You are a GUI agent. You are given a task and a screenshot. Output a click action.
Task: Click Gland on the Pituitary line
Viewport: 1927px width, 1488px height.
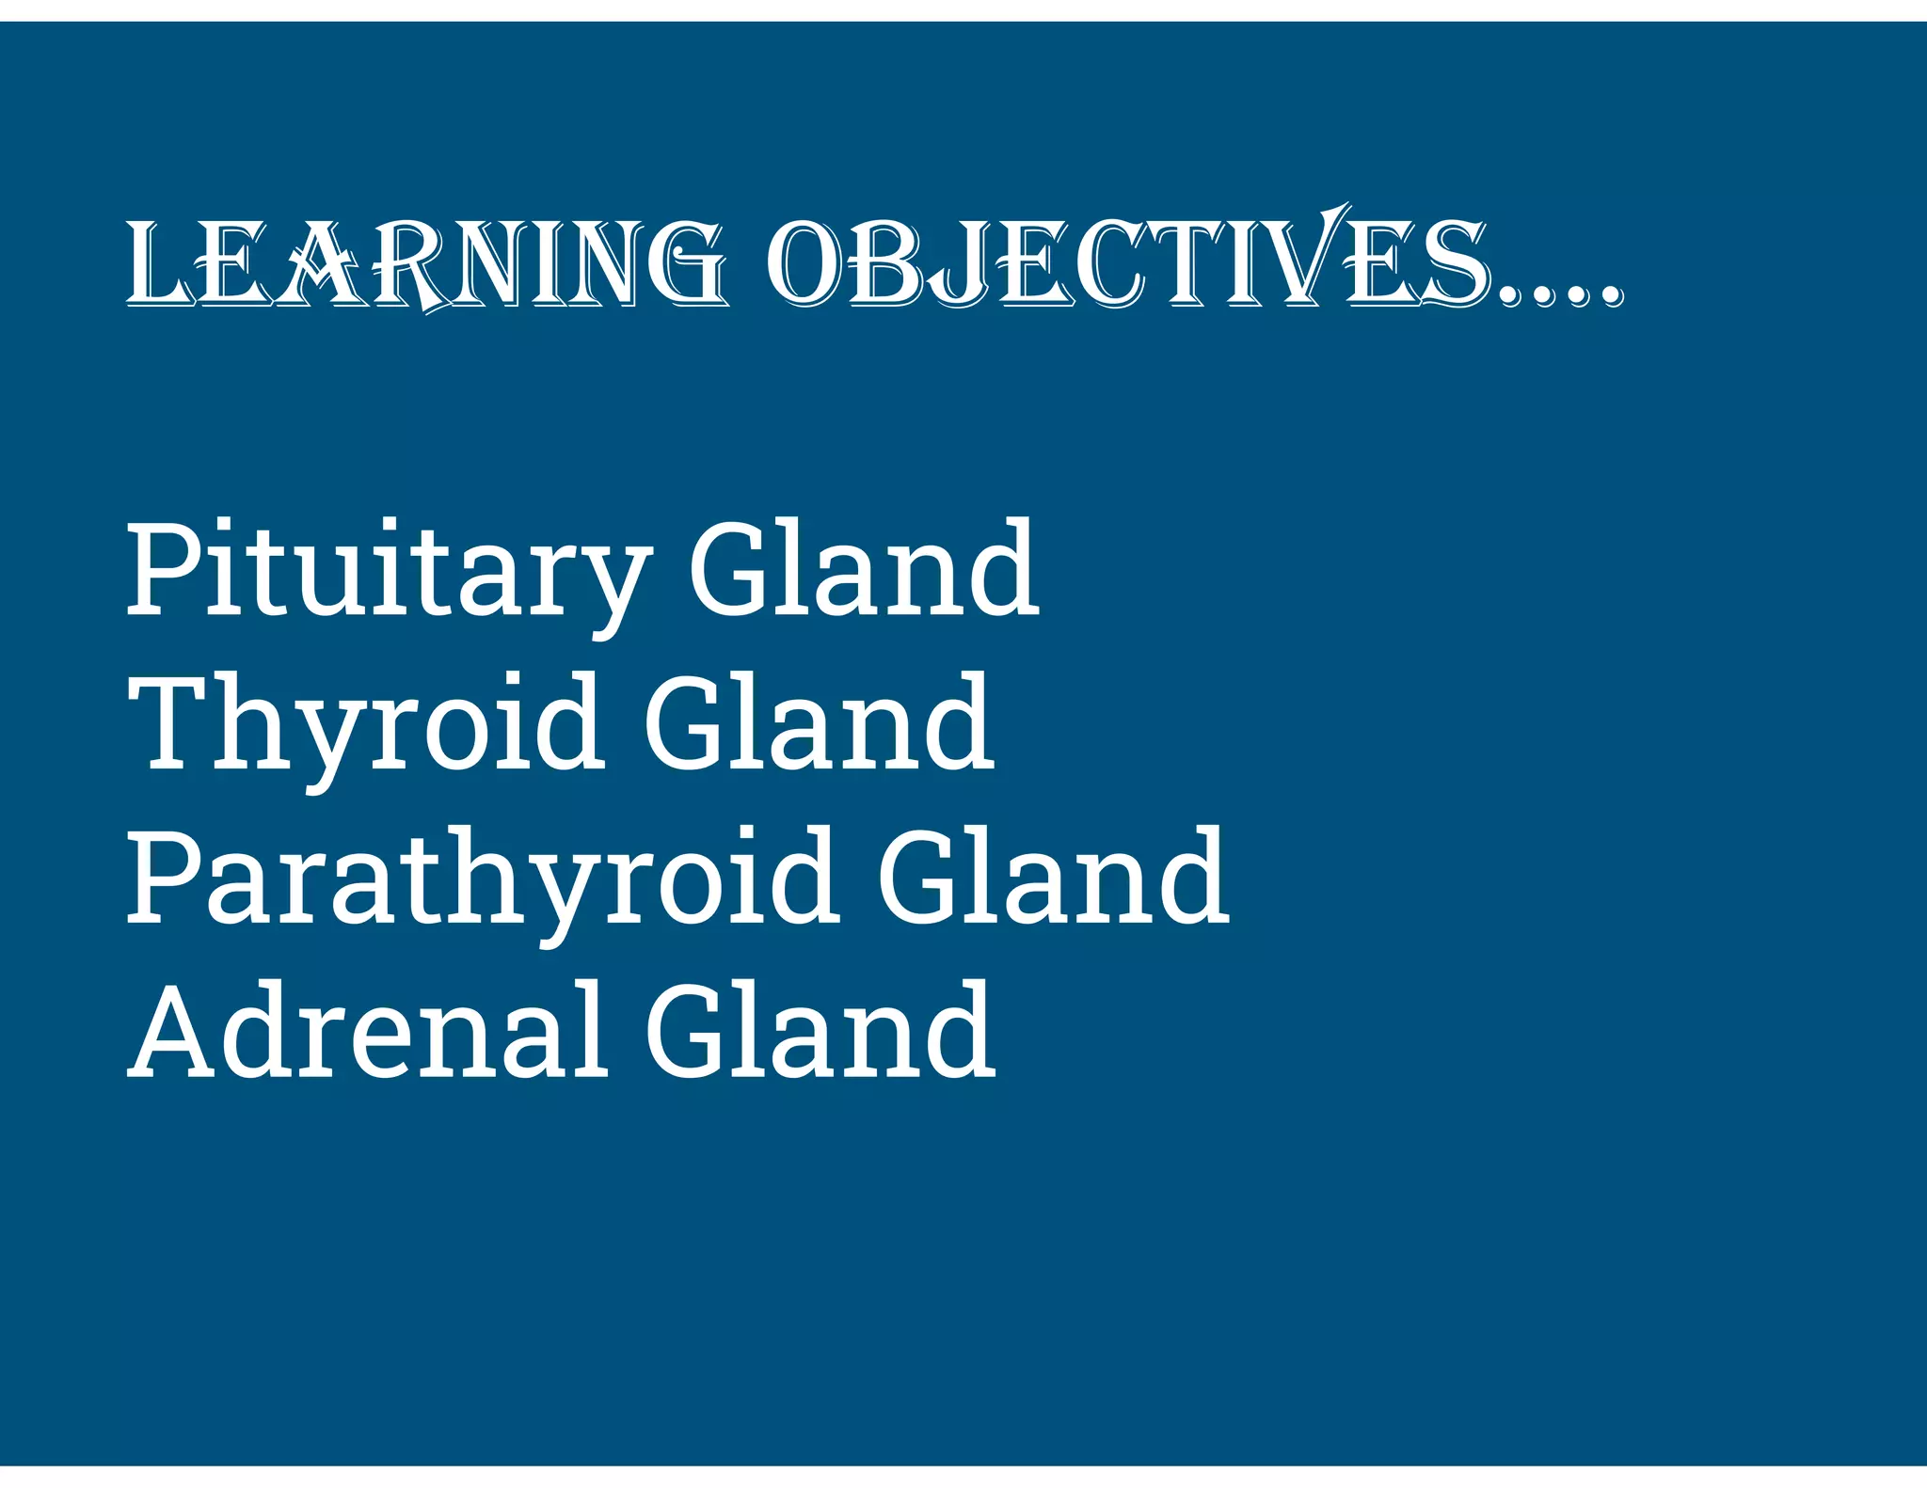click(x=864, y=569)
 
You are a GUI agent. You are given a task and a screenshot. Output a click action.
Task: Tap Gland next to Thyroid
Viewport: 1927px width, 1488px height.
click(x=819, y=722)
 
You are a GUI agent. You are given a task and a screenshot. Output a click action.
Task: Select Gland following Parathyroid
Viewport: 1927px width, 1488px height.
click(x=1054, y=877)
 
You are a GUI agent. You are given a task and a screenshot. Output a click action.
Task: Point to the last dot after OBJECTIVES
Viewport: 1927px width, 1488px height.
click(x=1610, y=295)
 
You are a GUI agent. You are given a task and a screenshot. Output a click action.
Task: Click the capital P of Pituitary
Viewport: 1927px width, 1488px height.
click(x=164, y=569)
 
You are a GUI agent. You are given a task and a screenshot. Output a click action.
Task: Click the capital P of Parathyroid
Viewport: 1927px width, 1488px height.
click(x=164, y=877)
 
